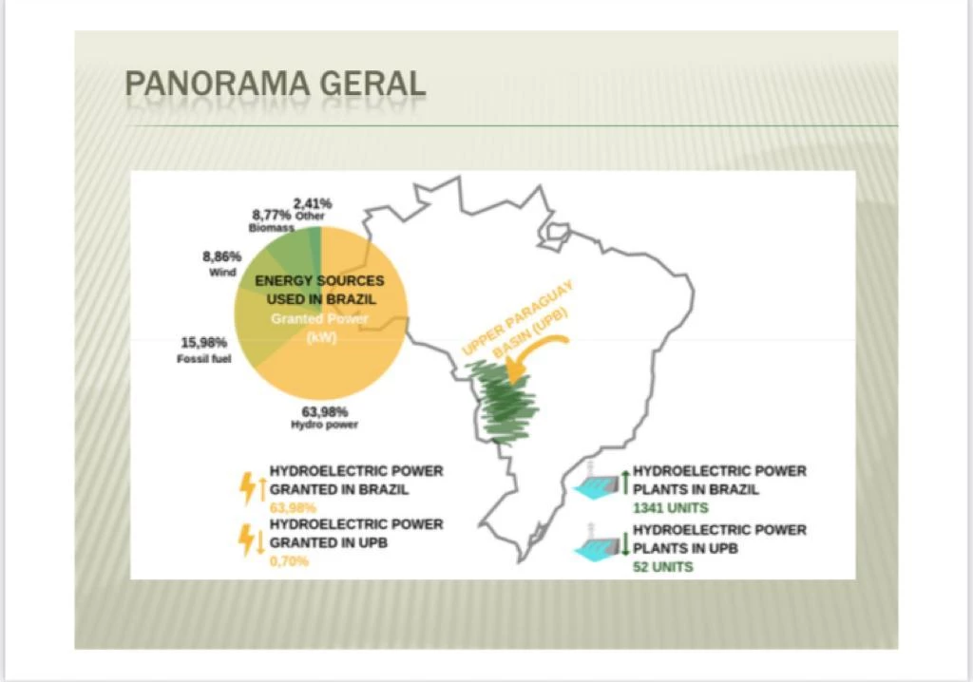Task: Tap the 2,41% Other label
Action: [312, 209]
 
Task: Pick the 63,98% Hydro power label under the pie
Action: [325, 418]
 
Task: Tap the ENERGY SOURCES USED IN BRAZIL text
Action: [319, 290]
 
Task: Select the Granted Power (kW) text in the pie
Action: [319, 328]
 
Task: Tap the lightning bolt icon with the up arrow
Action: [251, 488]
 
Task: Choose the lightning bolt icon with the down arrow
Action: [251, 540]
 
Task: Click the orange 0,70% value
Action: [289, 561]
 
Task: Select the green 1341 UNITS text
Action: [670, 507]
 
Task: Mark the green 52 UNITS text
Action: [662, 566]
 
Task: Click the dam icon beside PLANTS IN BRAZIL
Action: [597, 483]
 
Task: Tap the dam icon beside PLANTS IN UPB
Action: [597, 542]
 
